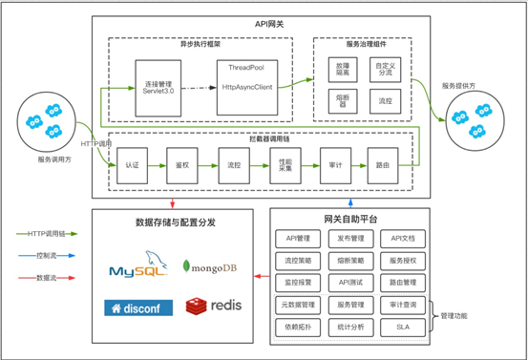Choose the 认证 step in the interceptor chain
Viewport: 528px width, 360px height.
(x=132, y=164)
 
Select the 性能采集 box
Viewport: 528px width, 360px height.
(x=284, y=164)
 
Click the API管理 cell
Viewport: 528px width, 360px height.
(x=298, y=239)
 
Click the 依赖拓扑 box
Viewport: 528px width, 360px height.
(x=298, y=326)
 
